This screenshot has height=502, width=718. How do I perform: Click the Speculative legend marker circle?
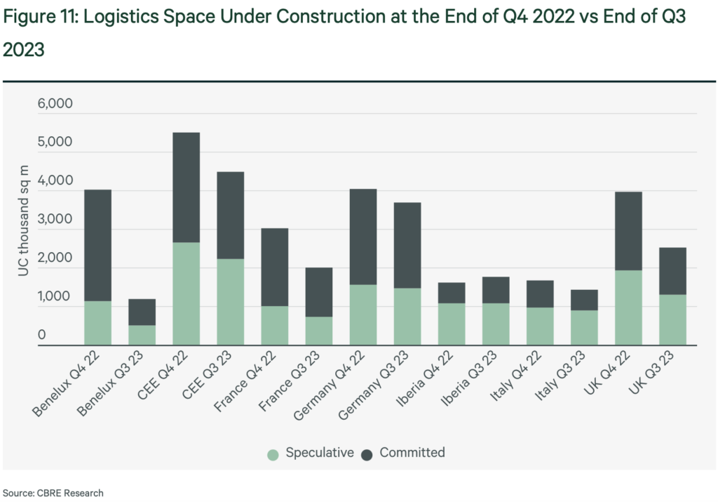click(x=273, y=454)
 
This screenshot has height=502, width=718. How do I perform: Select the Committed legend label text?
click(x=412, y=453)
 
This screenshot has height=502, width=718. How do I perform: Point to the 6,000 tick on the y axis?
click(x=55, y=104)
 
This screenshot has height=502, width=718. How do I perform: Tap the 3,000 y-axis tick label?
click(x=55, y=219)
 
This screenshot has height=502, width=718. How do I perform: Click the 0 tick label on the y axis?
click(x=41, y=335)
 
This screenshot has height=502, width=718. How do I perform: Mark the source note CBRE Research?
click(x=53, y=493)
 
